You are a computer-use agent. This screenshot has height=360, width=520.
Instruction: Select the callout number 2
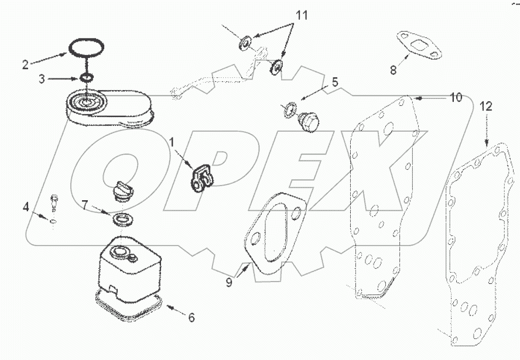(x=25, y=64)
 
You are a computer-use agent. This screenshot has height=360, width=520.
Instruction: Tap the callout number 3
(x=42, y=78)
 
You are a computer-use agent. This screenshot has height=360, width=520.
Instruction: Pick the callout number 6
(x=191, y=318)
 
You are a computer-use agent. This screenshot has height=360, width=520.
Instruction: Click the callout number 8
(x=393, y=70)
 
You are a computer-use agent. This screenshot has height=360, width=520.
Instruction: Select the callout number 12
(x=487, y=107)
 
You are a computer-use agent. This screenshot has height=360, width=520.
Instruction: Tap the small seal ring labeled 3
(x=87, y=78)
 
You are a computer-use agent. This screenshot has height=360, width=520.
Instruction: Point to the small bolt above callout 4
(x=53, y=200)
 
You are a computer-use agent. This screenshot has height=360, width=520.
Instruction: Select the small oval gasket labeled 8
(x=418, y=46)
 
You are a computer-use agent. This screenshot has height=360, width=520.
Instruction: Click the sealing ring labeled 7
(x=122, y=220)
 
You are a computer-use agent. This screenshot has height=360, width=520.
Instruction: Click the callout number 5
(x=334, y=82)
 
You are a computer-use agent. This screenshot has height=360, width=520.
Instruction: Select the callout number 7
(x=85, y=205)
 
